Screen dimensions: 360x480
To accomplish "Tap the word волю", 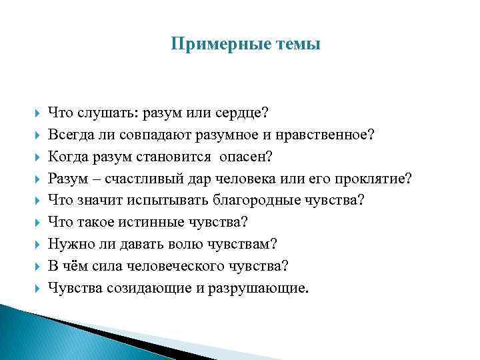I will [175, 245].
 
